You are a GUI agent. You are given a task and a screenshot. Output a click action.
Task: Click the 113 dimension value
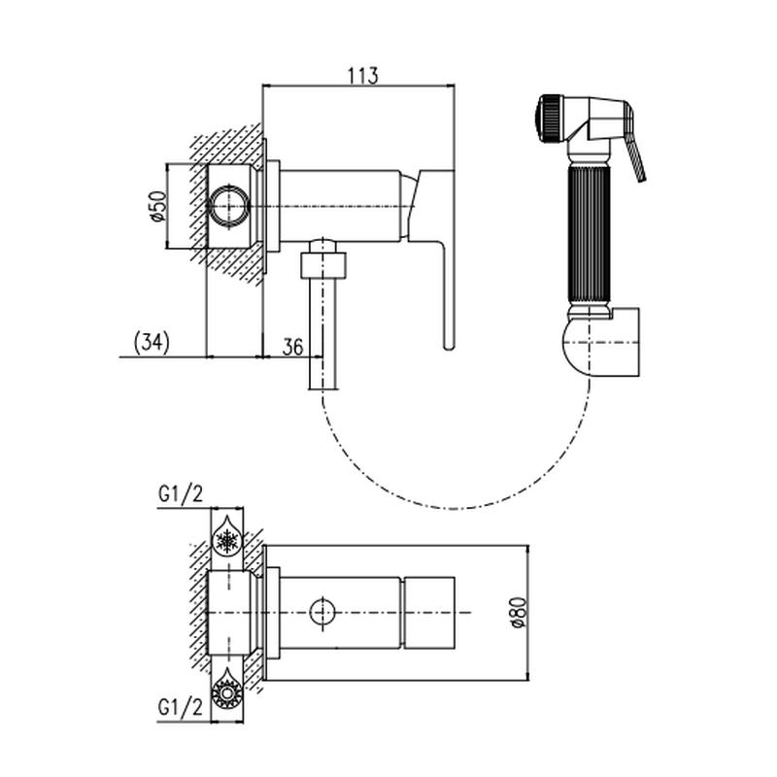tap(360, 75)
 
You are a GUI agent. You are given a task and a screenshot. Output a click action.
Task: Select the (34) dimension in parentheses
tap(151, 342)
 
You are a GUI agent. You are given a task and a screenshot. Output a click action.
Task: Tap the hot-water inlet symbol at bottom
tap(227, 693)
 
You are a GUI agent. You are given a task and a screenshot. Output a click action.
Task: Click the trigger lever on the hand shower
tap(635, 154)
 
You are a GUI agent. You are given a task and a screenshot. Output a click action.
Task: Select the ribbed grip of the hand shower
tap(589, 233)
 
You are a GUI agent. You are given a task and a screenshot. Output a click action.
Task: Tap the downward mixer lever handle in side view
tap(447, 291)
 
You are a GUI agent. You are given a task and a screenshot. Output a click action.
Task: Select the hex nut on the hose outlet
tap(322, 264)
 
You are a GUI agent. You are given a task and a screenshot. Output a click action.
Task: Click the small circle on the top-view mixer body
tap(323, 612)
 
